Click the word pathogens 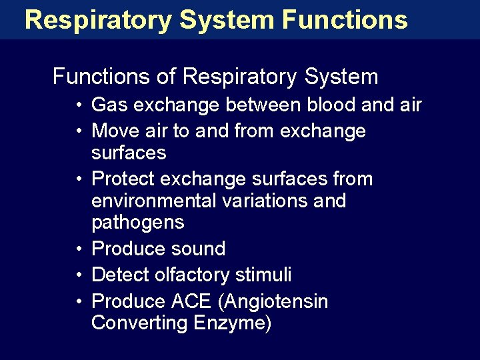(x=137, y=223)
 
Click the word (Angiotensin (x=273, y=301)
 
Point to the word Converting (x=139, y=323)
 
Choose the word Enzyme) (x=233, y=323)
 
